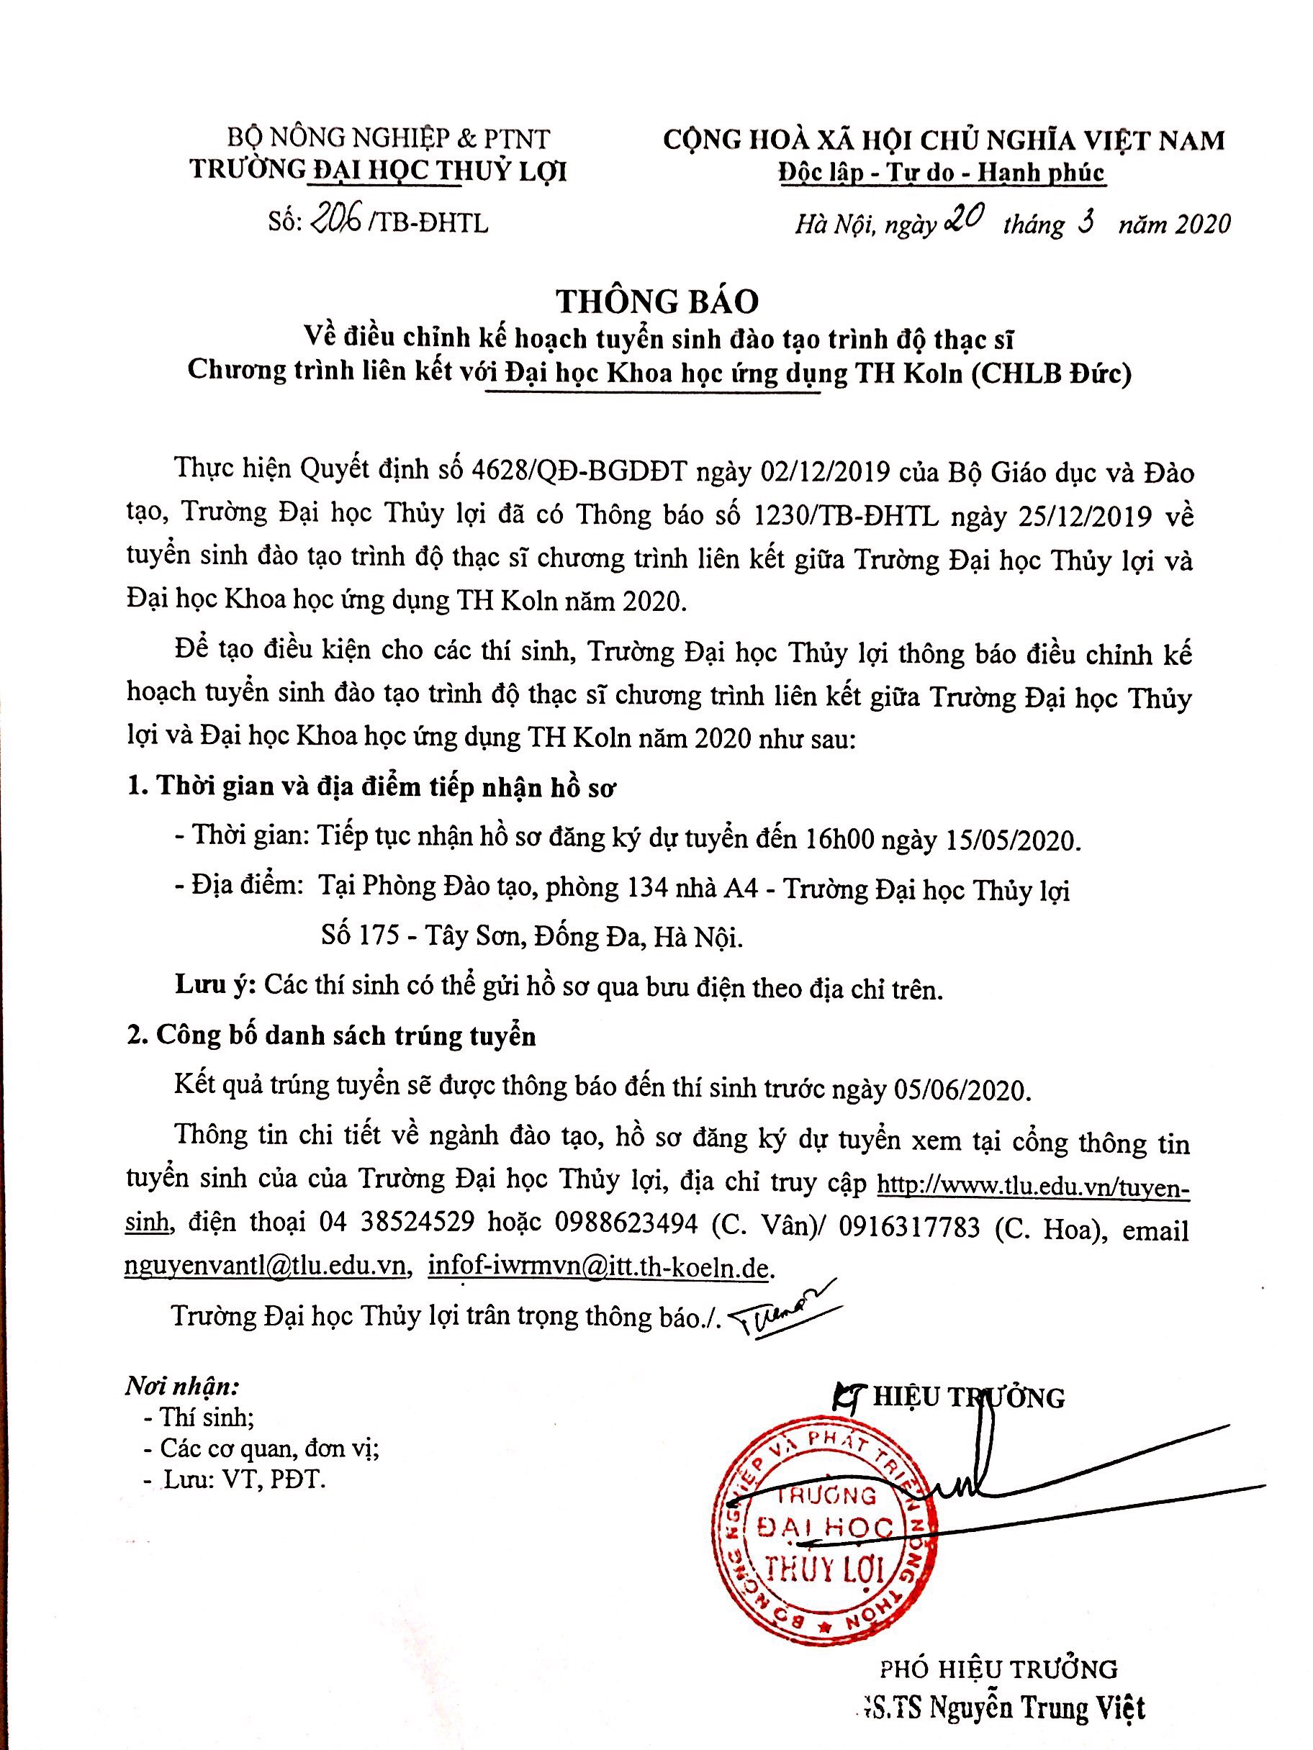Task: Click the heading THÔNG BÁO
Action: (x=657, y=302)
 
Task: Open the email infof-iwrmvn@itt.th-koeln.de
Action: (x=598, y=1266)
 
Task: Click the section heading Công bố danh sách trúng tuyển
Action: (x=345, y=1035)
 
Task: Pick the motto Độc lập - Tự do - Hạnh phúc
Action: (x=940, y=173)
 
